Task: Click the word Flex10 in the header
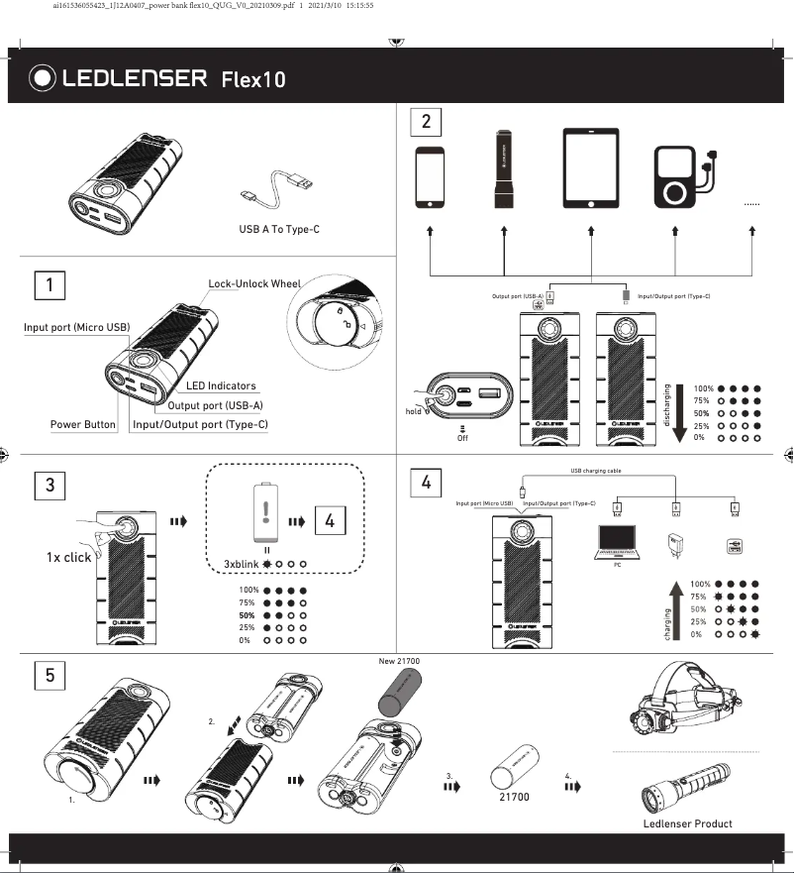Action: (x=253, y=79)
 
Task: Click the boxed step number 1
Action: (x=50, y=285)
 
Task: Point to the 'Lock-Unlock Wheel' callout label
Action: (x=253, y=283)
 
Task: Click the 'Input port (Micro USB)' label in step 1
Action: (x=77, y=328)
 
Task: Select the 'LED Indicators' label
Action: (x=220, y=385)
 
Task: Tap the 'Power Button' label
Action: (x=83, y=425)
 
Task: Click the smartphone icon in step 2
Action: (x=430, y=177)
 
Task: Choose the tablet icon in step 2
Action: (x=590, y=167)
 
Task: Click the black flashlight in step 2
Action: (x=504, y=168)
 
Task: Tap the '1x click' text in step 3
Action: (x=68, y=557)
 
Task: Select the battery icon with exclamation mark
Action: (x=264, y=513)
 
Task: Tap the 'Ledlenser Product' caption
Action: (x=687, y=823)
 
